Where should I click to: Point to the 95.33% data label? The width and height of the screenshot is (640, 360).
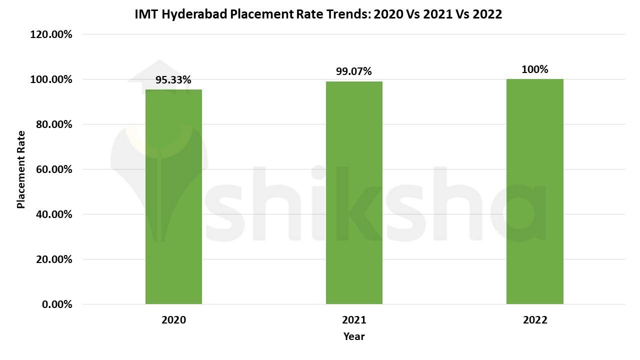(x=173, y=80)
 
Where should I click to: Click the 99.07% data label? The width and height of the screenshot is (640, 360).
(x=354, y=71)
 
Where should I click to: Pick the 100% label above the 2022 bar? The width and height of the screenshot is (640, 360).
(x=534, y=69)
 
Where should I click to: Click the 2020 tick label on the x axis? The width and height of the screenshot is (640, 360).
(x=173, y=320)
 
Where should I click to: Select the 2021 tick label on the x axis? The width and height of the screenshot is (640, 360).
(x=354, y=320)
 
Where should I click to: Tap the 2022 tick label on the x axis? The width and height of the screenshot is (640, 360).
(x=535, y=320)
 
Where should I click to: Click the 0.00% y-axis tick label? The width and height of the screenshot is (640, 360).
(x=56, y=304)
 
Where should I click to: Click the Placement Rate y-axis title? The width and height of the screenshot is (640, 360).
(x=21, y=169)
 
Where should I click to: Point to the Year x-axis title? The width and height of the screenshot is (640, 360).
(x=354, y=336)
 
